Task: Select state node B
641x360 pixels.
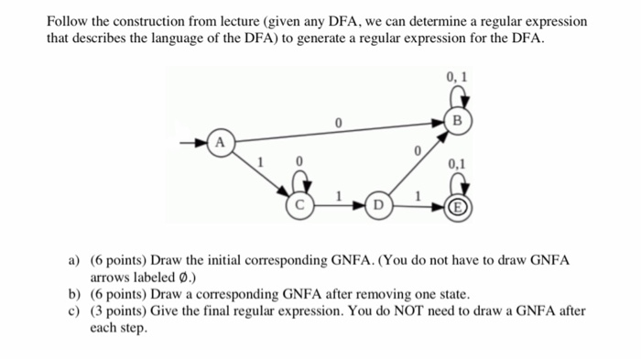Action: [x=459, y=120]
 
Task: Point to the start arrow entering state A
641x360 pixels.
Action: [x=195, y=143]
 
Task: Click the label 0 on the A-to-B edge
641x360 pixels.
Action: [x=338, y=121]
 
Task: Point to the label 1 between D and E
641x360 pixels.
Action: [x=419, y=195]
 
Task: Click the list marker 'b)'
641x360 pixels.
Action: [x=75, y=294]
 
